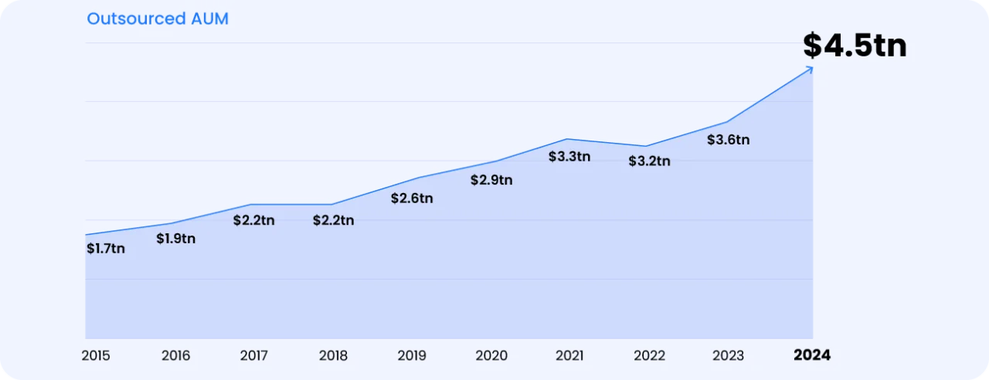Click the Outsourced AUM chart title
tap(158, 19)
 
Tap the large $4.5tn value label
tap(855, 46)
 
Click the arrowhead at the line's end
tap(810, 69)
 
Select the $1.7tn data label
tap(105, 249)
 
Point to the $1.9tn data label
tap(175, 239)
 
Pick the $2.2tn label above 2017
tap(253, 220)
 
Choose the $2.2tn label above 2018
tap(333, 220)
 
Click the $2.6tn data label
tap(411, 198)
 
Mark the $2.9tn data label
tap(491, 180)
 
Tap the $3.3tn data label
tap(569, 157)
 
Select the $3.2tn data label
tap(649, 161)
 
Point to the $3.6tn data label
tap(729, 141)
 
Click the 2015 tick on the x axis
tap(96, 356)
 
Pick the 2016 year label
tap(175, 356)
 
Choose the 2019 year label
tap(412, 356)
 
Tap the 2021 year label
tap(570, 356)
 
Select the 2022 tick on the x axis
tap(649, 356)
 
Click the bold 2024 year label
tap(813, 355)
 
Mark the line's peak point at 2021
tap(568, 139)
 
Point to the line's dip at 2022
tap(647, 146)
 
